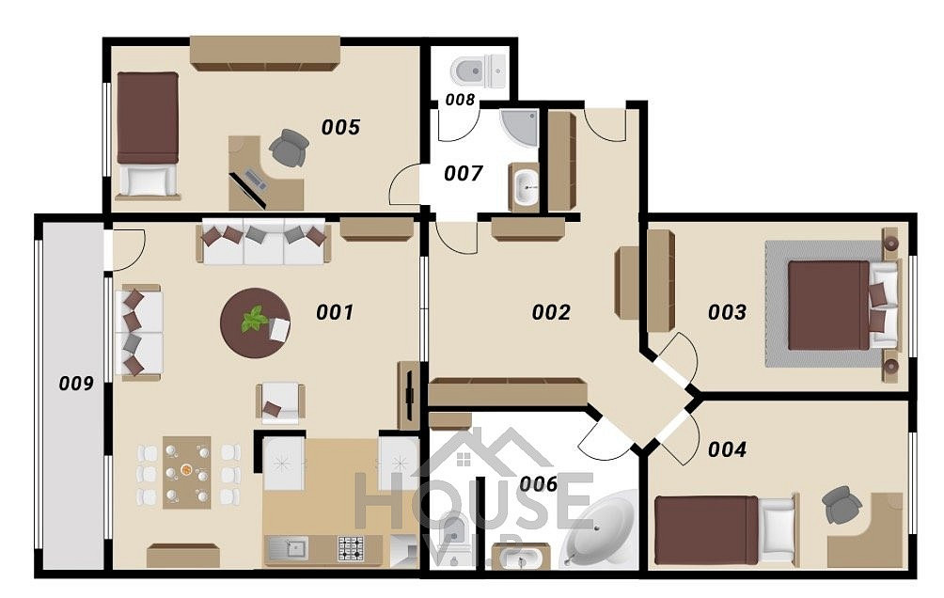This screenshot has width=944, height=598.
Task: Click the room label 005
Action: click(340, 127)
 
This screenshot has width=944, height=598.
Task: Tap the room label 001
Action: click(335, 312)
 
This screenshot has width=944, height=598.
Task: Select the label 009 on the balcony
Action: click(76, 383)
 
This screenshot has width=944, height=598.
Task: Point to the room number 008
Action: click(460, 100)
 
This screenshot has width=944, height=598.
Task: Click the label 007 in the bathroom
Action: click(463, 173)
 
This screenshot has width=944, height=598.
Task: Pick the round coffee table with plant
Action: click(256, 323)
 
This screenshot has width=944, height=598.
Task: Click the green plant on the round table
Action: click(255, 319)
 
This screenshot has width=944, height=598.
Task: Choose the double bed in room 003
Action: click(842, 305)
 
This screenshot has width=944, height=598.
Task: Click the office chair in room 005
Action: click(290, 148)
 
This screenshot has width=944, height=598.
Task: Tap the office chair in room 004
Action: click(840, 504)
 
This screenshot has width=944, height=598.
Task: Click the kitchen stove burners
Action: click(349, 548)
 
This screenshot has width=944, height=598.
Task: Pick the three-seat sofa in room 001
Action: click(263, 242)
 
